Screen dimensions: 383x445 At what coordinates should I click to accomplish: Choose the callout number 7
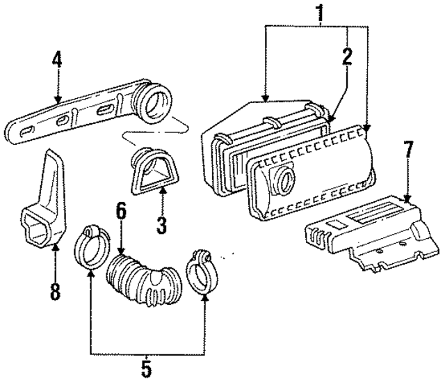coord(408,149)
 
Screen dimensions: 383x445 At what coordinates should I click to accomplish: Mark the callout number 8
coord(55,289)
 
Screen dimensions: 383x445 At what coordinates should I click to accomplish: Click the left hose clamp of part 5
coord(91,247)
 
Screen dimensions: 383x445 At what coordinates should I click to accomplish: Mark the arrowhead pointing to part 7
coord(408,201)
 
